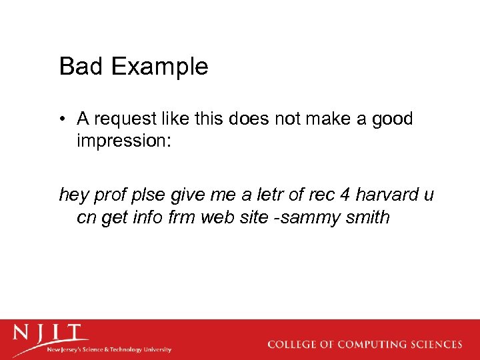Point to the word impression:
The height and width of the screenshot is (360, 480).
(x=125, y=141)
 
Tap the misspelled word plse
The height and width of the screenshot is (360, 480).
(x=146, y=195)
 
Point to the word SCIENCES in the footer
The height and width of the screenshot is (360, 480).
(x=435, y=345)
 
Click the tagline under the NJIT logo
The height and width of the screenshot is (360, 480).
(x=109, y=349)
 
